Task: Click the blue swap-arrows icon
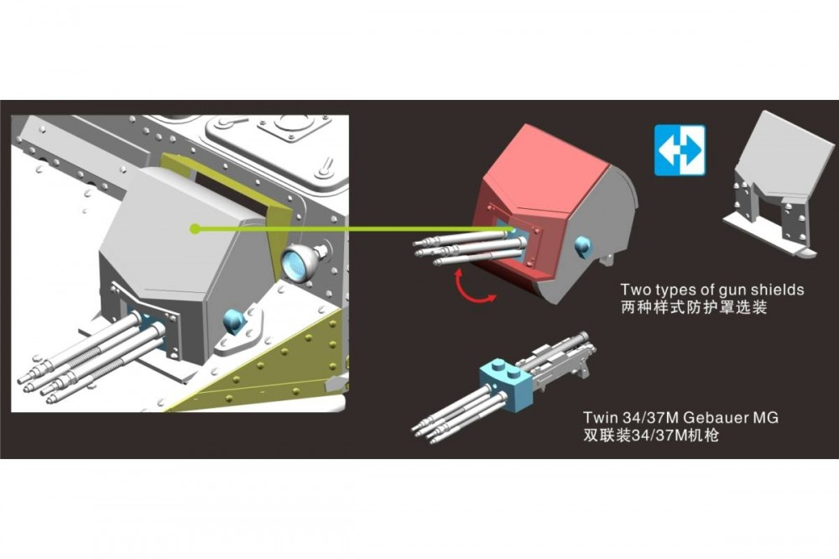[680, 150]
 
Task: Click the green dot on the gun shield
[195, 229]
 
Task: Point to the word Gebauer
[717, 417]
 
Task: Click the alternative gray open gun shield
[779, 184]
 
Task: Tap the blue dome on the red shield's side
[583, 246]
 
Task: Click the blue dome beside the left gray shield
[234, 320]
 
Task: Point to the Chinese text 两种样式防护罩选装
[694, 307]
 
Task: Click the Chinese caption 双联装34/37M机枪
[651, 435]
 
